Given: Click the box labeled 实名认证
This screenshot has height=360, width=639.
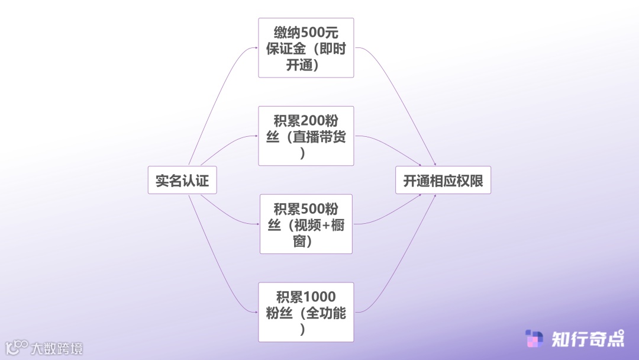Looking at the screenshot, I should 182,180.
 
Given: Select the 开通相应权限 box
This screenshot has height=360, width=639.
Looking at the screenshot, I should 443,180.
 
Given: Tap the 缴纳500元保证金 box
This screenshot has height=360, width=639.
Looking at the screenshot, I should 306,48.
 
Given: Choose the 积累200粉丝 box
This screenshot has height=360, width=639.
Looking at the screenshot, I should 306,136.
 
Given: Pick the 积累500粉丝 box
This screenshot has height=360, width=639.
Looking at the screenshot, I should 306,224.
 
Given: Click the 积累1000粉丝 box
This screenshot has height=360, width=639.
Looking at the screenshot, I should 306,312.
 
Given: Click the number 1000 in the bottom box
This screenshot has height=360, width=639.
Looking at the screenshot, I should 319,297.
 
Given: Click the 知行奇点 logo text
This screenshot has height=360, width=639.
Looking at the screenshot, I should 587,339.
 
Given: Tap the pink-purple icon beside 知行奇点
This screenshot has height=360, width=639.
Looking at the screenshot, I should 534,339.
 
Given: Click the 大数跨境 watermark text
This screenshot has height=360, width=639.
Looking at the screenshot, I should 57,348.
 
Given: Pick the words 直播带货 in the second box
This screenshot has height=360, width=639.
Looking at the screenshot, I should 320,137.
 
